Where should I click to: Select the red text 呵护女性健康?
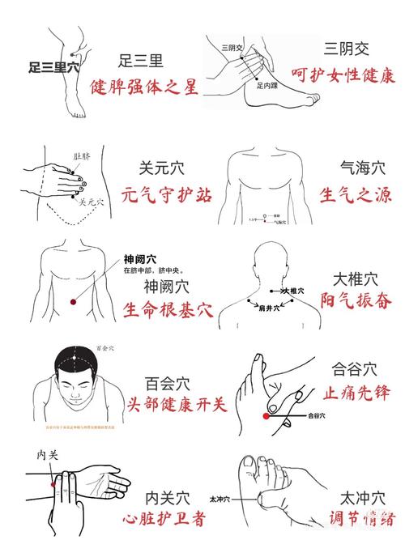(x=343, y=77)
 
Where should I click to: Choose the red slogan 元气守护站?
(x=153, y=195)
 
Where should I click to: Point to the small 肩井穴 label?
(x=269, y=308)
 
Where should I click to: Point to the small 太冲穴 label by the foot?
(x=220, y=499)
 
